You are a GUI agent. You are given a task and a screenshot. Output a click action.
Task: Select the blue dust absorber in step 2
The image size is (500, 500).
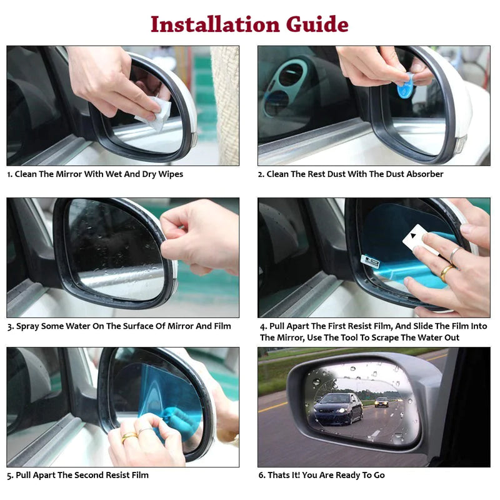point(406,87)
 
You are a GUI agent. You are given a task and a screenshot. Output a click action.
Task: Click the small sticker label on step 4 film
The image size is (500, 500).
point(370,261)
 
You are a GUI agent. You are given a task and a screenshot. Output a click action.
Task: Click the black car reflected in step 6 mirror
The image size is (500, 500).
point(337,409)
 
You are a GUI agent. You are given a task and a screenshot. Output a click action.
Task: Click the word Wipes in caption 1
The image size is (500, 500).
point(171,174)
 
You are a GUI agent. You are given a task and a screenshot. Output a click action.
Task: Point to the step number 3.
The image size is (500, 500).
point(9,326)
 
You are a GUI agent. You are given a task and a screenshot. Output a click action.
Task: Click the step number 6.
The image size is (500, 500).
point(261,475)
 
